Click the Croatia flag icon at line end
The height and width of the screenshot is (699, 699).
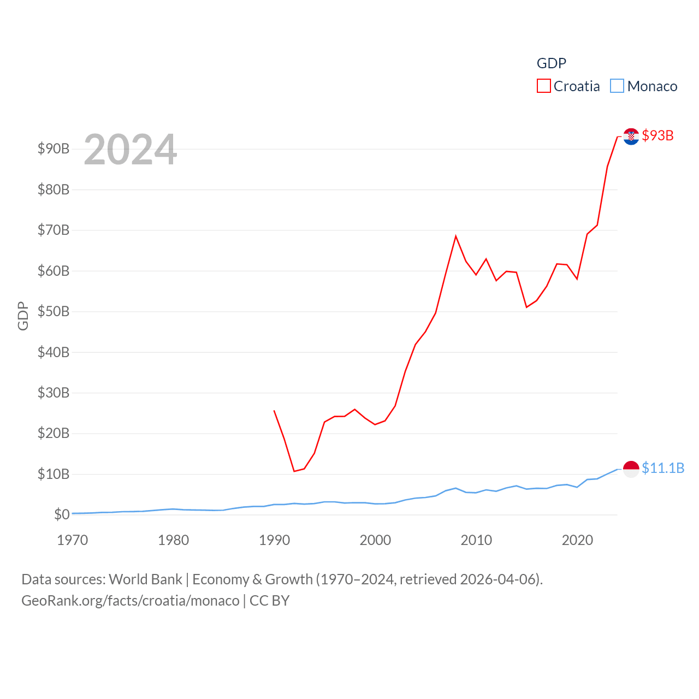(x=631, y=136)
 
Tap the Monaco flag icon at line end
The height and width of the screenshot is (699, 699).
(x=631, y=469)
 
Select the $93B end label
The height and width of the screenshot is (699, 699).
(x=657, y=135)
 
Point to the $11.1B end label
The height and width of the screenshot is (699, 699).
(x=663, y=468)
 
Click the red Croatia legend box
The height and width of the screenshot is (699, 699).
(x=544, y=86)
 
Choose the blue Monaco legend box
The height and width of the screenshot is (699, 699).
(x=617, y=86)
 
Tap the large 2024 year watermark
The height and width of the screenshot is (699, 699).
(x=130, y=150)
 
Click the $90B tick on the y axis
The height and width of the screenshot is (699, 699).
(x=54, y=149)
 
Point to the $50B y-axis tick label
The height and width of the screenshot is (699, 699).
(x=54, y=311)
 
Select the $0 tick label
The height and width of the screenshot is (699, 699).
(x=62, y=514)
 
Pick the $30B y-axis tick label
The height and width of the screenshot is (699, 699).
(x=54, y=393)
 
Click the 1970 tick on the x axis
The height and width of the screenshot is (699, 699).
(x=73, y=540)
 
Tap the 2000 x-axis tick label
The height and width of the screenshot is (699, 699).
(x=375, y=540)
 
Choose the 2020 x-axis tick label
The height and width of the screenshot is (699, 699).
(x=577, y=540)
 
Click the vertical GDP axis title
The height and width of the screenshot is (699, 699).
(x=23, y=316)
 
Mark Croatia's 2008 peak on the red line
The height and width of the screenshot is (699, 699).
(x=455, y=236)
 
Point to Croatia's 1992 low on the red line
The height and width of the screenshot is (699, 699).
(x=294, y=471)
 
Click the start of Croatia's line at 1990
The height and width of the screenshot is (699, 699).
(x=274, y=411)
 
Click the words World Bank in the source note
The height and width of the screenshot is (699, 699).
(x=145, y=579)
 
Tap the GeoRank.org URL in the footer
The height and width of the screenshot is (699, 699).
(x=131, y=601)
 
